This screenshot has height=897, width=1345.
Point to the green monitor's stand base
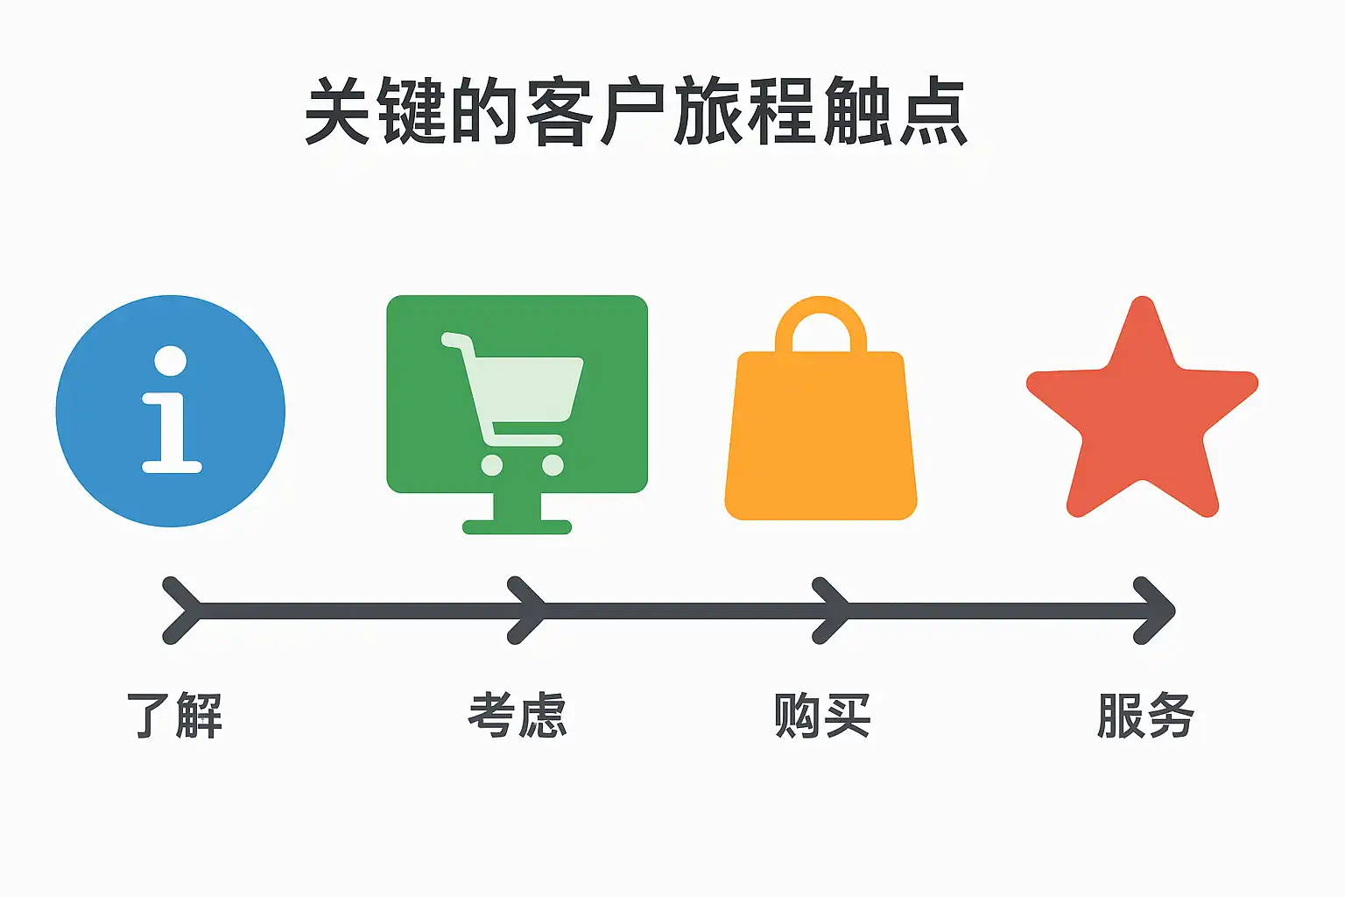(517, 526)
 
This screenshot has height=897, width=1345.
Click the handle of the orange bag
(820, 320)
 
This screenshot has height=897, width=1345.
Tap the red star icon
(1142, 412)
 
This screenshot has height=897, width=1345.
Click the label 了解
(175, 715)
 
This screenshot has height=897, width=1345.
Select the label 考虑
(518, 715)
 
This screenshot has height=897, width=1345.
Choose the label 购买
(821, 715)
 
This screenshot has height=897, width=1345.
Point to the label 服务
(1145, 715)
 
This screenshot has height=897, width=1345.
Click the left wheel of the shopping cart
(492, 465)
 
